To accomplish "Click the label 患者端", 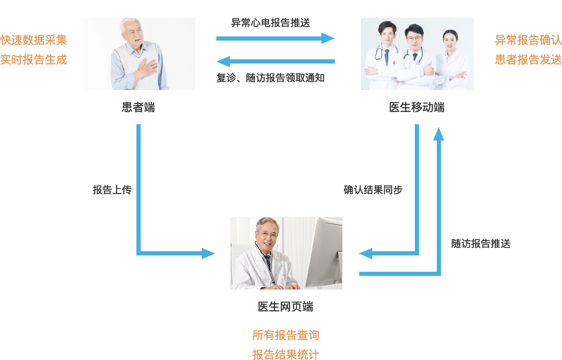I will (x=138, y=108).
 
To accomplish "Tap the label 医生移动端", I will (x=417, y=108).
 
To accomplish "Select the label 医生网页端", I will (x=285, y=307).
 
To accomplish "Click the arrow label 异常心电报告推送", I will (x=270, y=22).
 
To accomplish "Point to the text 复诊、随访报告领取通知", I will (x=270, y=78).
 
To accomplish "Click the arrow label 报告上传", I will (x=112, y=190).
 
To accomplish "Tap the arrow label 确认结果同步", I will (x=373, y=190).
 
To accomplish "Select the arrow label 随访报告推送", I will (x=481, y=244).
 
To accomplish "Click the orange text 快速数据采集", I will (x=34, y=40).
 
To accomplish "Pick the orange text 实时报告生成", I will (x=34, y=60).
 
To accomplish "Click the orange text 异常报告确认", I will (x=528, y=40).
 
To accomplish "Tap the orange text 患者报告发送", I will (x=528, y=60).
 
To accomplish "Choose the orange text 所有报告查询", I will (x=285, y=335).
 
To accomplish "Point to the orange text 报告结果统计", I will (x=285, y=354).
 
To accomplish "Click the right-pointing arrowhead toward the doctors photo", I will (x=329, y=38).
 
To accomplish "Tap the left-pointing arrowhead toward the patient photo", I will (x=223, y=61).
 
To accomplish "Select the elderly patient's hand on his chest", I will (x=149, y=68).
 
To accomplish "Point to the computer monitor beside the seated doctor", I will (x=322, y=252).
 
